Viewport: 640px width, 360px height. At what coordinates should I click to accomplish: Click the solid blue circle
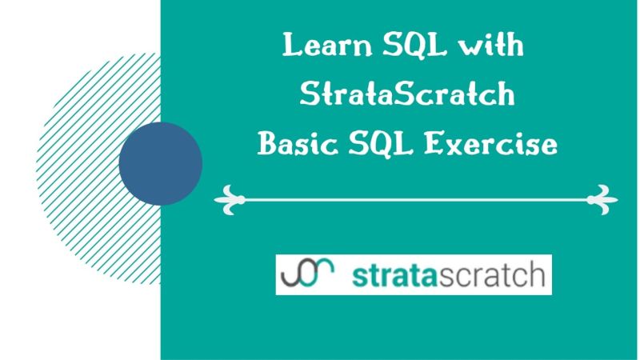coord(160,163)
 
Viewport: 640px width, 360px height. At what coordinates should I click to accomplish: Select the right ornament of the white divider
coord(602,198)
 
